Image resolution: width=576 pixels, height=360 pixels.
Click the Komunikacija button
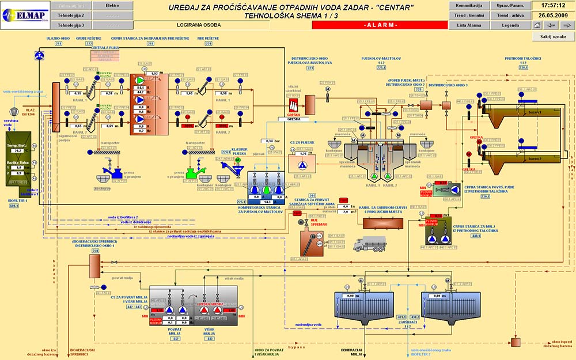click(468, 5)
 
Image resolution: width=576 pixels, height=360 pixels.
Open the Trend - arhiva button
click(510, 15)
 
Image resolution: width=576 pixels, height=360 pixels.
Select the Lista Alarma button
click(468, 25)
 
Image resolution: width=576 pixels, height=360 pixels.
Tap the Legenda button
click(510, 25)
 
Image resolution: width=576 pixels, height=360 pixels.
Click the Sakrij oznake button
click(553, 36)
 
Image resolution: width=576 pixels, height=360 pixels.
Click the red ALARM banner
click(380, 25)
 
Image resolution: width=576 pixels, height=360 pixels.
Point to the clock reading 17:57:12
click(553, 5)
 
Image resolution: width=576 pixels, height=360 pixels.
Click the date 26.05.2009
click(553, 15)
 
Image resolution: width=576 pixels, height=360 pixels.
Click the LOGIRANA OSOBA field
click(199, 25)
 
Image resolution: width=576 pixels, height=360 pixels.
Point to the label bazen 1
click(535, 112)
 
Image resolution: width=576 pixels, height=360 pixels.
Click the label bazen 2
click(535, 158)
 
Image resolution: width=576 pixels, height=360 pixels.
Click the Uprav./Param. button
click(510, 5)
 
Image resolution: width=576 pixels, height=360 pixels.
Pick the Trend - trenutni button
click(468, 15)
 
